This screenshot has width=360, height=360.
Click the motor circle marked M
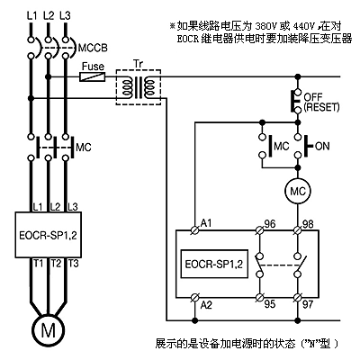pyautogui.click(x=48, y=330)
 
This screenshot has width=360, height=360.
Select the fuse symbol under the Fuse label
pyautogui.click(x=93, y=76)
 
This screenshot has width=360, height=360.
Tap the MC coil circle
pyautogui.click(x=298, y=191)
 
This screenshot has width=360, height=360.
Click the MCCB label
pyautogui.click(x=93, y=48)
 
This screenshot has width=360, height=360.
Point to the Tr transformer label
pyautogui.click(x=138, y=64)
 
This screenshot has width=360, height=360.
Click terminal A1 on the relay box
pyautogui.click(x=195, y=230)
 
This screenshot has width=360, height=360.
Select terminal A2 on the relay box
pyautogui.click(x=195, y=298)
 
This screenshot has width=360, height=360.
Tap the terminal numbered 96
pyautogui.click(x=259, y=230)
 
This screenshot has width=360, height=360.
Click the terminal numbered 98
pyautogui.click(x=298, y=230)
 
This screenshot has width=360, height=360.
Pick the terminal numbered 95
pyautogui.click(x=259, y=298)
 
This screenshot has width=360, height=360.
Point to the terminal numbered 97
pyautogui.click(x=298, y=298)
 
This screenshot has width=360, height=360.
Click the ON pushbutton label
pyautogui.click(x=322, y=147)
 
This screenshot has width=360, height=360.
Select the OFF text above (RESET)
pyautogui.click(x=313, y=97)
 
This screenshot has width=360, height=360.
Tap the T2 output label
pyautogui.click(x=56, y=264)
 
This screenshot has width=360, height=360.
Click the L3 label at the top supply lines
pyautogui.click(x=65, y=15)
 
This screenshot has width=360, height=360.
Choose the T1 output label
pyautogui.click(x=38, y=264)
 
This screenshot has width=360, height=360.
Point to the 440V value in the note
pyautogui.click(x=304, y=27)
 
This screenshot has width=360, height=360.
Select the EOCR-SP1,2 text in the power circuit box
pyautogui.click(x=48, y=235)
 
